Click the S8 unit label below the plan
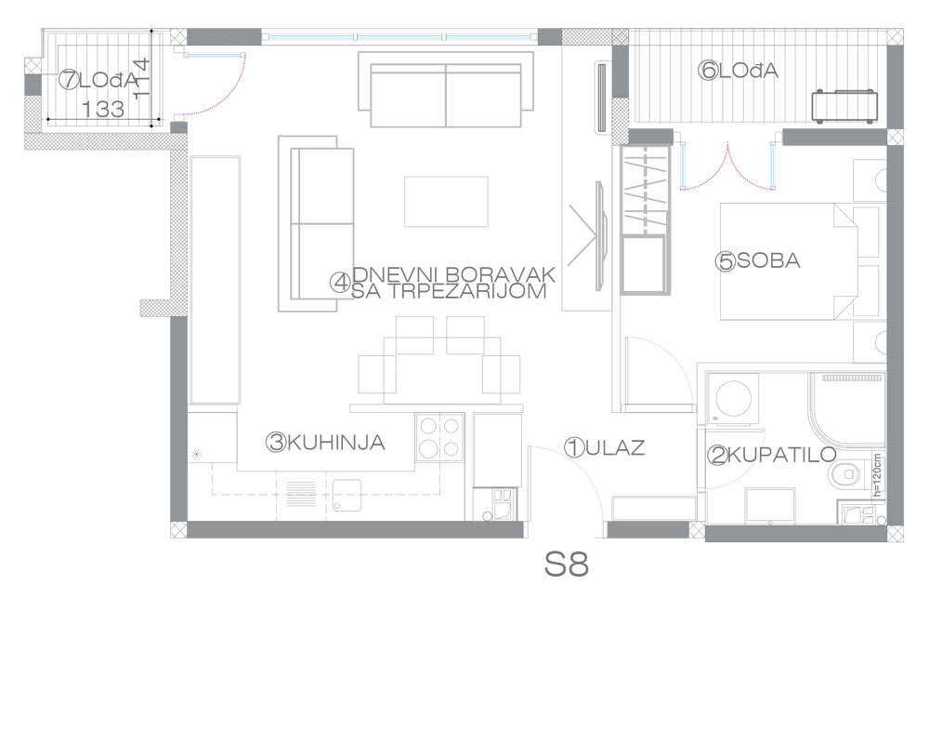[567, 565]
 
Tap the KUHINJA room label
[336, 443]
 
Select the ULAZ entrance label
[615, 448]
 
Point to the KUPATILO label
[781, 455]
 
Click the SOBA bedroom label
[768, 260]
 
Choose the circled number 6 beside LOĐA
[708, 72]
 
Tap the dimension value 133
[103, 109]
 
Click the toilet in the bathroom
[844, 474]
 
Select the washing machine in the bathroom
[734, 399]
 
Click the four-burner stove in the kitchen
[439, 437]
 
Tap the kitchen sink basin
[347, 495]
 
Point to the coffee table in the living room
[446, 202]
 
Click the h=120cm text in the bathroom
[877, 474]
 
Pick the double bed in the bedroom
[789, 261]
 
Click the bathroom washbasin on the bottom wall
[770, 506]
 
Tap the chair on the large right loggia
[844, 106]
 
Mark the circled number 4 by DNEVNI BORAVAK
[340, 283]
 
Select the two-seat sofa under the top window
[446, 89]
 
